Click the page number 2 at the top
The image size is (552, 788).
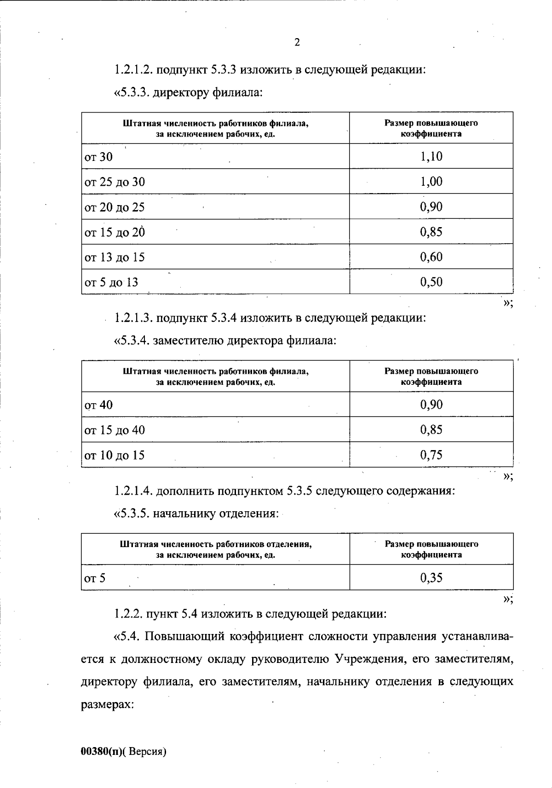coord(297,43)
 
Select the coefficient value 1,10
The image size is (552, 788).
coord(431,156)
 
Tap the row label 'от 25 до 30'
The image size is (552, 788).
coord(115,182)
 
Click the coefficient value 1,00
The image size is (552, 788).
coord(431,182)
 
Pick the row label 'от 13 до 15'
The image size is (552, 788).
coord(115,257)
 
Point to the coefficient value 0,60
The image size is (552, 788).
coord(431,257)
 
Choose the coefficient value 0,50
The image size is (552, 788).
coord(431,282)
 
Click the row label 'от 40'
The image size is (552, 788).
coord(98,405)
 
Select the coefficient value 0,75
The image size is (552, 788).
coord(431,455)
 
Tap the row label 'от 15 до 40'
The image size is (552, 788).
coord(115,430)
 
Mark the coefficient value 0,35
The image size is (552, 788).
coord(431,578)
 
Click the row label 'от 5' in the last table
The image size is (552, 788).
coord(95,578)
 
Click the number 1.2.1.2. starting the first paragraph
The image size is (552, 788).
coord(133,70)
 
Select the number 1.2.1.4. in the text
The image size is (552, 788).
coord(133,491)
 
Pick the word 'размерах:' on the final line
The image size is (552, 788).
coord(107,704)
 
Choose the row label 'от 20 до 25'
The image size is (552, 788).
coord(115,207)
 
